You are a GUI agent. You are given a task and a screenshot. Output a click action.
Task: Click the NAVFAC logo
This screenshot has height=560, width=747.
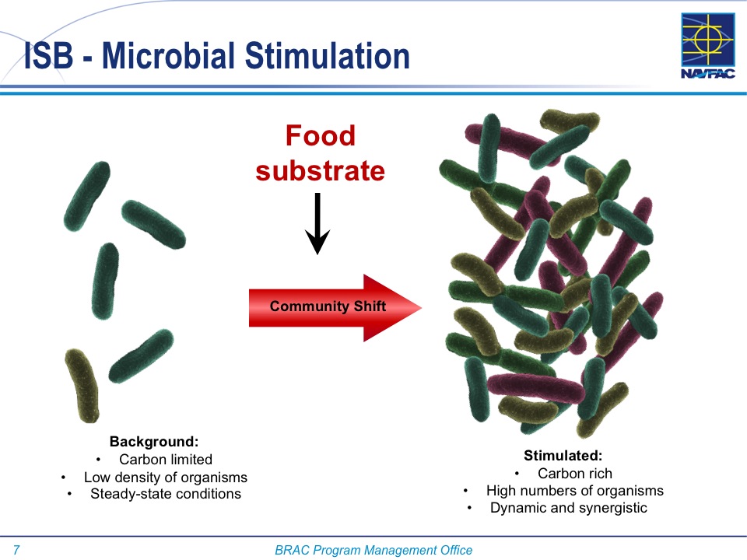tap(708, 46)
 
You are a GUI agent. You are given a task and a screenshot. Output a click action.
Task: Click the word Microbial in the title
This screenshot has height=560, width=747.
tap(169, 56)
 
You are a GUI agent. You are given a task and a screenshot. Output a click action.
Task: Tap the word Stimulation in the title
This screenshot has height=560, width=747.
tap(328, 56)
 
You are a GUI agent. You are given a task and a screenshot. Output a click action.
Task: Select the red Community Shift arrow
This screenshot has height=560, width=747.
tap(335, 308)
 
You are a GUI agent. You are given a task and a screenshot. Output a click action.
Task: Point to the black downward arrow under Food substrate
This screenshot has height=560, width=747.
tap(317, 223)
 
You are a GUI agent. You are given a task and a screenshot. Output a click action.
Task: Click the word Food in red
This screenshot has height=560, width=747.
tap(320, 135)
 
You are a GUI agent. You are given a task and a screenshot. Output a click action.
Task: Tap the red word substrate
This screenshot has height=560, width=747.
tap(320, 171)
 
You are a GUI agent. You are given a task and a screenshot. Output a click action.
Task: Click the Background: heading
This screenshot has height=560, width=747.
tap(154, 442)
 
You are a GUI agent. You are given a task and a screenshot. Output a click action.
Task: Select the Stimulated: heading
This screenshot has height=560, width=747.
tap(563, 456)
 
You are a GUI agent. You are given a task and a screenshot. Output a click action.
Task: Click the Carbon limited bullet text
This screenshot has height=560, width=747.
tap(166, 460)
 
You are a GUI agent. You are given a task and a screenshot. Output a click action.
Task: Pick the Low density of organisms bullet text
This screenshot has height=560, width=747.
tap(166, 477)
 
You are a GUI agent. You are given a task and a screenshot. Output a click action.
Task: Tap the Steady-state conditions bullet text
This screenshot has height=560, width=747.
tap(166, 494)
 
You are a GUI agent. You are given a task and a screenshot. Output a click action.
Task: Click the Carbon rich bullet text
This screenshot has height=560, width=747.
tap(575, 474)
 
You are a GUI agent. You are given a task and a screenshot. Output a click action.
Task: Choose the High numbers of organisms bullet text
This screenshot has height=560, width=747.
tap(575, 491)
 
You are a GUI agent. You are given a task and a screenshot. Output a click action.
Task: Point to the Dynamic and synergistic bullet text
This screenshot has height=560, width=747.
tap(569, 508)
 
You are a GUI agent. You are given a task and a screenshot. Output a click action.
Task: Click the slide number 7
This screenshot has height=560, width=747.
tap(16, 550)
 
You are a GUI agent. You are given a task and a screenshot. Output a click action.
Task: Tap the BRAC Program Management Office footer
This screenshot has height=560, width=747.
tap(373, 550)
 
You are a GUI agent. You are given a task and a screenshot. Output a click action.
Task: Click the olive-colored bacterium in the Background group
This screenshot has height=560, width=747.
tap(82, 386)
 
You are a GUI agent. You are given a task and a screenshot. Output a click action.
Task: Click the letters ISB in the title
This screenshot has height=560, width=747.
tap(48, 56)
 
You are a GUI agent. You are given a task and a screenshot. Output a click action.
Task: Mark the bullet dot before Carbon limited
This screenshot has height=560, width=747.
tap(98, 460)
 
